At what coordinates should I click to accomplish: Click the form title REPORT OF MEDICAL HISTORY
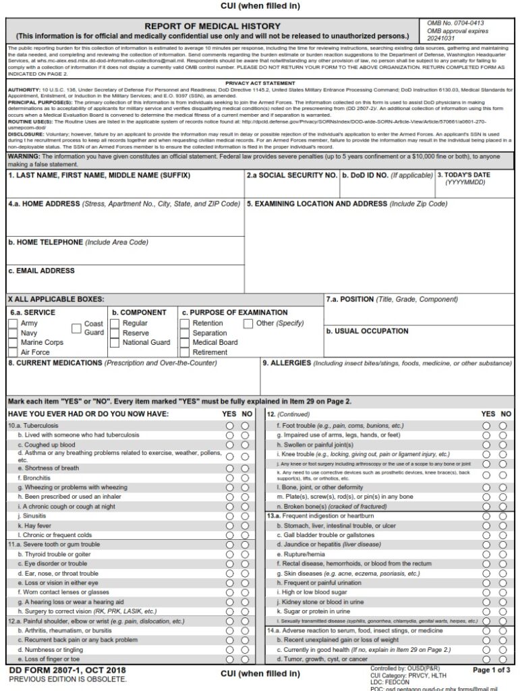[212, 26]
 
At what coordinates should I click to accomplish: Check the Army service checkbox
[13, 323]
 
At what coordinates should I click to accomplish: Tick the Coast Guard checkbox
[77, 329]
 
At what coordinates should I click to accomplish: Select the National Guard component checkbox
[115, 343]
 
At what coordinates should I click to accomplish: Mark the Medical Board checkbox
[186, 343]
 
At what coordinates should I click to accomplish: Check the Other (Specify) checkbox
[248, 323]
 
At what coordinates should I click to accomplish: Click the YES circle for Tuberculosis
[230, 426]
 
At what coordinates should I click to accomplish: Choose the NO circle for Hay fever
[245, 526]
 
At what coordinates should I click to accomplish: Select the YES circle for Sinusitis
[230, 516]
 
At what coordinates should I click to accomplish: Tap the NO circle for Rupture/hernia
[502, 554]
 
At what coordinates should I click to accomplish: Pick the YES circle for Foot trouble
[486, 426]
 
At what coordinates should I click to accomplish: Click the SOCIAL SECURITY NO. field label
[291, 175]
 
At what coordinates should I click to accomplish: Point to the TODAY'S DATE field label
[465, 175]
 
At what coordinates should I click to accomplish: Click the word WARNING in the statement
[24, 157]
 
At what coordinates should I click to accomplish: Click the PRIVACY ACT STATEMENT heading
[260, 83]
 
